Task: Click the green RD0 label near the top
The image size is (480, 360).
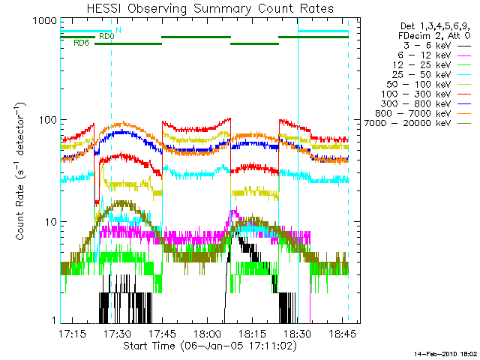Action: [106, 36]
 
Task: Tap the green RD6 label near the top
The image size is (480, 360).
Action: [81, 43]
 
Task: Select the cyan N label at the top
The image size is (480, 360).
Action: [118, 30]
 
